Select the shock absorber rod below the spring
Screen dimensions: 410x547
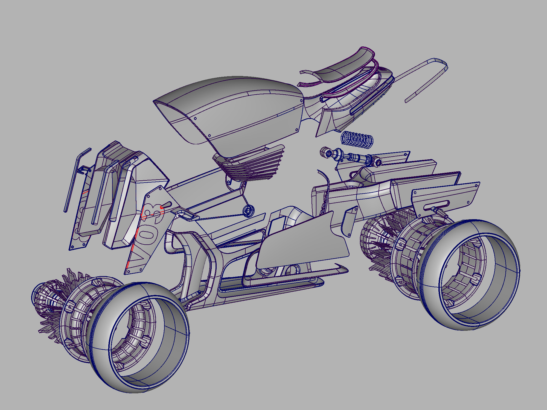353,157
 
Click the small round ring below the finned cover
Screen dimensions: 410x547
248,211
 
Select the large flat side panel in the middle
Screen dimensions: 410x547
301,241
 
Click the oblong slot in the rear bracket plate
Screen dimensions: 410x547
436,205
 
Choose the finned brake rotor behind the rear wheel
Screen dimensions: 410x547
383,246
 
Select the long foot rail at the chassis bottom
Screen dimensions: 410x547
271,286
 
